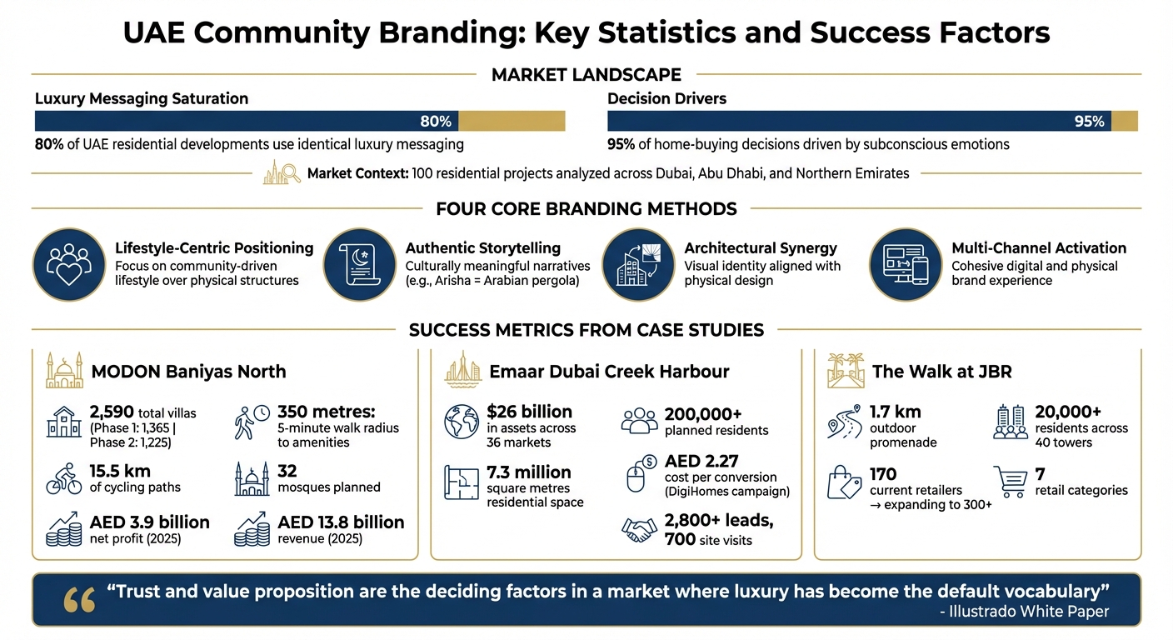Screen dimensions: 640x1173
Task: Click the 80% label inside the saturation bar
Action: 435,122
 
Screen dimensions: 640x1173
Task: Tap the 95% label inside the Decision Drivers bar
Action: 1089,122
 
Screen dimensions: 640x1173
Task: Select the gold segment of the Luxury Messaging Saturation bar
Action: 512,122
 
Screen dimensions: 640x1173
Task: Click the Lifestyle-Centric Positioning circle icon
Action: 69,264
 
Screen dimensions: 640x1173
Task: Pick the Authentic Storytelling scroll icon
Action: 358,264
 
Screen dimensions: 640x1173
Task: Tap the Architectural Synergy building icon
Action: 637,264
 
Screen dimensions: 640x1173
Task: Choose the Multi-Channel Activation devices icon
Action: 906,264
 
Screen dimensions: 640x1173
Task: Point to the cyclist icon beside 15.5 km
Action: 63,481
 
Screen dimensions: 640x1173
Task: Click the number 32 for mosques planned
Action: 288,472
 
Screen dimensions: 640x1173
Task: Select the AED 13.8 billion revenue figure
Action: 341,522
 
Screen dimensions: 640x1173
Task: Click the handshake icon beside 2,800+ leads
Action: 640,530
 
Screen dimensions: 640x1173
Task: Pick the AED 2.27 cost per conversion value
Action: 701,461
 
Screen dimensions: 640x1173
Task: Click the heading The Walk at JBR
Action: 941,372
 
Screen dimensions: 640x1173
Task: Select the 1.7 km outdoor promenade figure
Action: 895,412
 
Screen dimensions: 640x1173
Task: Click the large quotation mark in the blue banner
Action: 79,599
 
